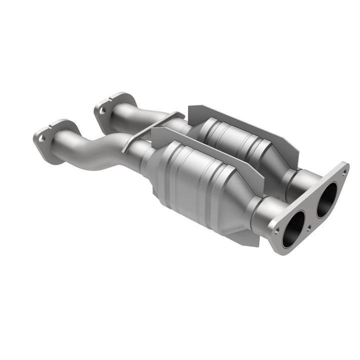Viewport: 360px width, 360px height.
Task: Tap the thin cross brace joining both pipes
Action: tap(150, 128)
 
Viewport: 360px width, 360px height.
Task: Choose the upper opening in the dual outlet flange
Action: tap(326, 199)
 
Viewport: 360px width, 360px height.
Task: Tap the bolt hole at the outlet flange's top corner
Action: tap(343, 172)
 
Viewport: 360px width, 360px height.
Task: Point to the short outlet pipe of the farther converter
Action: tap(304, 180)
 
